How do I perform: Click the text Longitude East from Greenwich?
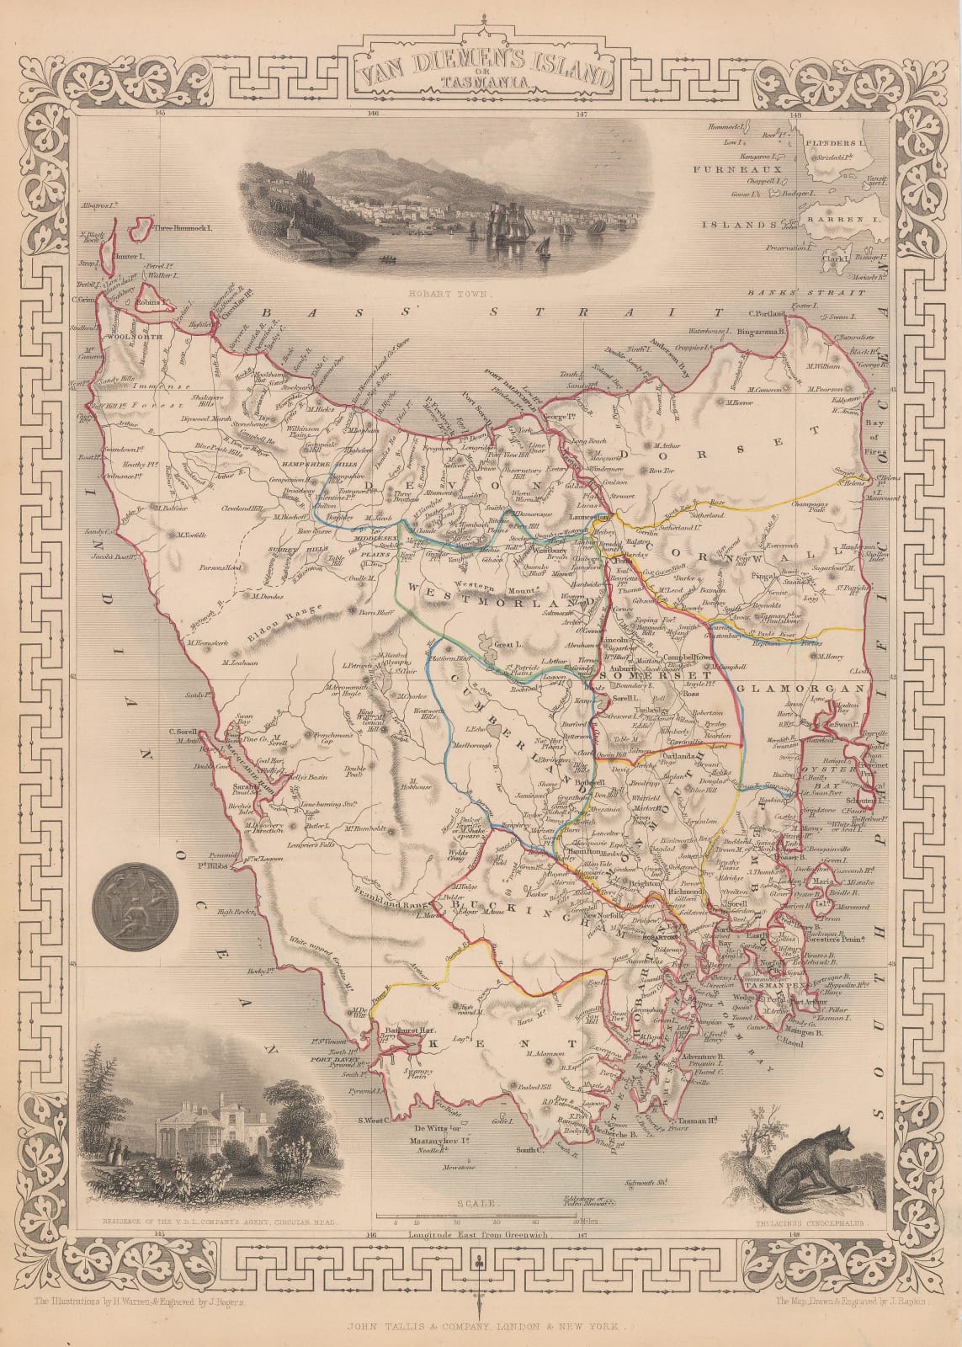(x=477, y=1234)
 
